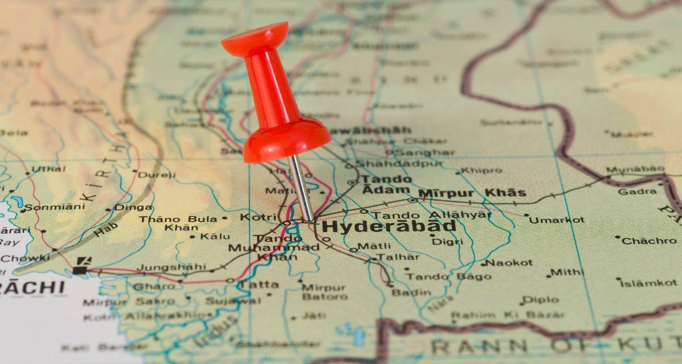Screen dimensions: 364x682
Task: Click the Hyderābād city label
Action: coord(389,226)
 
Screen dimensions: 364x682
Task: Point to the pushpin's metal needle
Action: coord(301,188)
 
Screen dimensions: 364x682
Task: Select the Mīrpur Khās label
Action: coord(472,193)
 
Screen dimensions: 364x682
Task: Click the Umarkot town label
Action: coord(558,220)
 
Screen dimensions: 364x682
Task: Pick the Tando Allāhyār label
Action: coord(432,215)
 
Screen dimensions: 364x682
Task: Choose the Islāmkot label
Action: coord(648,283)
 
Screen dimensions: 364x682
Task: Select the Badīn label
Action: coord(411,292)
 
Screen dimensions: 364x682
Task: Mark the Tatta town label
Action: coord(259,284)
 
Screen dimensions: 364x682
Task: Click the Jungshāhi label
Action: coord(172,267)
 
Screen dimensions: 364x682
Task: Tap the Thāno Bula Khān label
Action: coord(177,223)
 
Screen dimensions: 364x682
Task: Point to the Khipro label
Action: coord(481,170)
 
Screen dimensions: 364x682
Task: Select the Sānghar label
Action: coord(425,152)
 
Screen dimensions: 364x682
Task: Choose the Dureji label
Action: coord(157,175)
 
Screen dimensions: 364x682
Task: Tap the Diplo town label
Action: coord(540,299)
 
